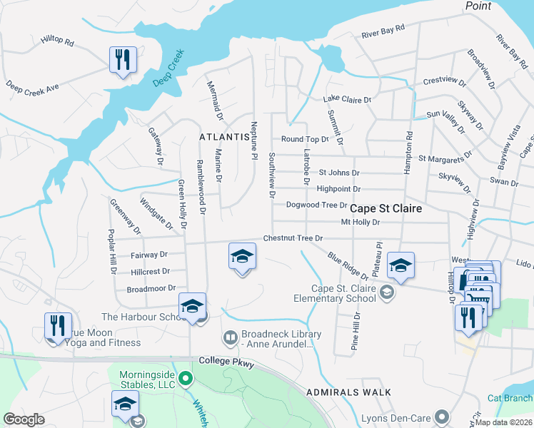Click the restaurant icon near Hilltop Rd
pos(123,60)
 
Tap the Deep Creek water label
pos(168,68)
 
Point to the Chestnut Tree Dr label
pos(293,238)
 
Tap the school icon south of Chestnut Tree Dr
pos(242,256)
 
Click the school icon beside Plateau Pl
pos(401,266)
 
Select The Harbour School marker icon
pos(192,306)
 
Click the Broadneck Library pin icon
pos(230,336)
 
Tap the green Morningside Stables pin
pos(186,377)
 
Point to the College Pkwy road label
pos(227,362)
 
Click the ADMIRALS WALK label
pos(348,392)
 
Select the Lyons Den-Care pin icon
pos(442,415)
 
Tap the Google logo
pos(24,419)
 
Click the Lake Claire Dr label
pos(348,99)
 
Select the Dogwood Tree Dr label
pos(316,205)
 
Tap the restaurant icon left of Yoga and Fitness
pos(58,325)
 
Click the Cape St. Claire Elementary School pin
pos(386,291)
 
